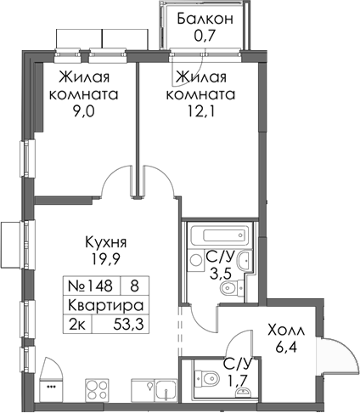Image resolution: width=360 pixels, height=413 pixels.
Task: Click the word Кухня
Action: coord(100,240)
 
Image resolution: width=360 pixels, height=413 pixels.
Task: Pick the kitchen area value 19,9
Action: coord(100,258)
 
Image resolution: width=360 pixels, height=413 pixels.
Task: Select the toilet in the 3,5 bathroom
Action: coord(227,291)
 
